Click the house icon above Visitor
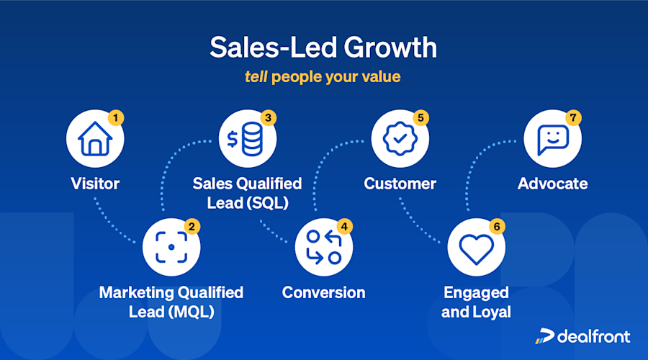point(94,140)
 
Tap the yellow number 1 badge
point(115,117)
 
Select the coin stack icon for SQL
point(247,140)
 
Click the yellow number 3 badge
point(268,117)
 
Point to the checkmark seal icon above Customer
point(400,140)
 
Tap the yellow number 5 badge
point(420,117)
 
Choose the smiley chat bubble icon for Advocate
point(552,140)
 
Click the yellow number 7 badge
point(573,117)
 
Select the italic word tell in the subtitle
point(256,76)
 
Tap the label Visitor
point(95,184)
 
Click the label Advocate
point(552,184)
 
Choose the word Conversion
point(323,292)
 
